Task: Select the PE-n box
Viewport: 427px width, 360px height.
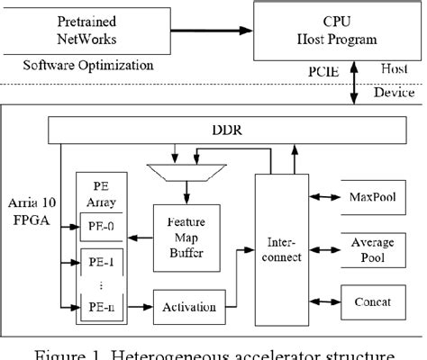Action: click(x=100, y=310)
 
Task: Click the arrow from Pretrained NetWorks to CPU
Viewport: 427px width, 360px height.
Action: click(x=195, y=33)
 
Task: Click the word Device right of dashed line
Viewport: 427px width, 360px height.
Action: click(x=393, y=93)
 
